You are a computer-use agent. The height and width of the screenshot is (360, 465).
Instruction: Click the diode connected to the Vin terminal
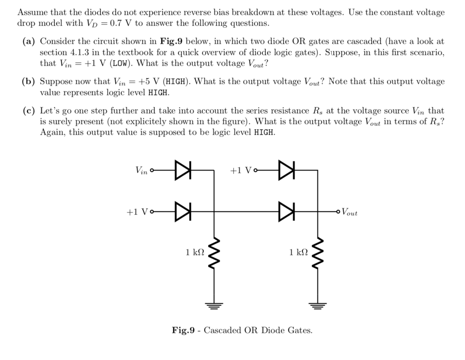[x=182, y=170]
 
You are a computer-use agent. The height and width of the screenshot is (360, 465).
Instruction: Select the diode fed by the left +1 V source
[x=182, y=212]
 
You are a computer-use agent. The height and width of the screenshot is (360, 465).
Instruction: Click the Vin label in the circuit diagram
[x=142, y=171]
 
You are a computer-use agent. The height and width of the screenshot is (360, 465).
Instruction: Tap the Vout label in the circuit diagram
[x=349, y=212]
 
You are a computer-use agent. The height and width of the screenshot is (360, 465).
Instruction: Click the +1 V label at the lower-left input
[x=137, y=212]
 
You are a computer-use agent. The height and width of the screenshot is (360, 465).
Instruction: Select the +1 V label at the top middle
[x=241, y=170]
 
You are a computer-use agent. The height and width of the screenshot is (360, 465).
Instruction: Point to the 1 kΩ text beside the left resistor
[x=195, y=252]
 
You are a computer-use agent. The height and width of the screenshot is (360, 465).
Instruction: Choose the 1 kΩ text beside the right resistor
[x=299, y=252]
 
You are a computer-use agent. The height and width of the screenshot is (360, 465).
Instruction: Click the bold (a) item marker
[x=28, y=41]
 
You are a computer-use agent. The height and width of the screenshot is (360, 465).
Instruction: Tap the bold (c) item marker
[x=28, y=111]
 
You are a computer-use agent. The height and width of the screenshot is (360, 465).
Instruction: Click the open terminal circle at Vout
[x=337, y=212]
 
